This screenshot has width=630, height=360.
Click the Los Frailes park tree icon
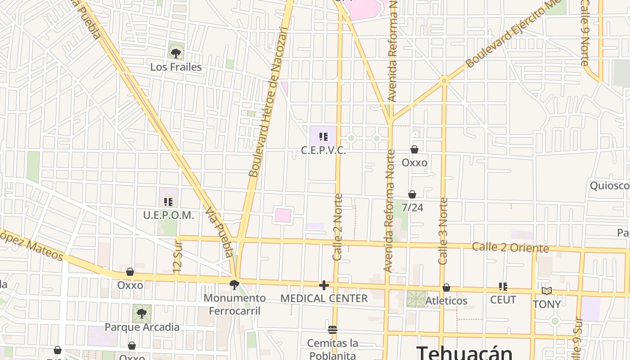pos(176,53)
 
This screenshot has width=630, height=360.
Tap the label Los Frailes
pos(176,67)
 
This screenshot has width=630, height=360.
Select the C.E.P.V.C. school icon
pos(323,137)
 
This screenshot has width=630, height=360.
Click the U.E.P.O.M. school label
pos(169,216)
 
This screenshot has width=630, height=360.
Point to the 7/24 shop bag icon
pos(412,194)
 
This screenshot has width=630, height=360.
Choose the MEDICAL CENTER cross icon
pos(324,285)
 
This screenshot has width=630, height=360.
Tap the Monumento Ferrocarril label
pos(234,304)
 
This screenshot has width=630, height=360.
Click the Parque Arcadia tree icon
pos(142,313)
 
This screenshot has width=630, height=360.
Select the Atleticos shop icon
pos(446,288)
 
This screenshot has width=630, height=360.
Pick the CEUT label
pos(503,300)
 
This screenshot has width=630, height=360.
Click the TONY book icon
pos(547,291)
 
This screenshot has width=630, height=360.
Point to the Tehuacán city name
pos(464,352)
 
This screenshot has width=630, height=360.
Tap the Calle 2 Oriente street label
pos(510,247)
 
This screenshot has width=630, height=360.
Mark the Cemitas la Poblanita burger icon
pos(333,330)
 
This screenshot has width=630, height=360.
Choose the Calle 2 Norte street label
pos(338,227)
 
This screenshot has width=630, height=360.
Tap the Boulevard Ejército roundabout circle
pos(444,81)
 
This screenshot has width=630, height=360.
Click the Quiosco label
pos(610,186)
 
